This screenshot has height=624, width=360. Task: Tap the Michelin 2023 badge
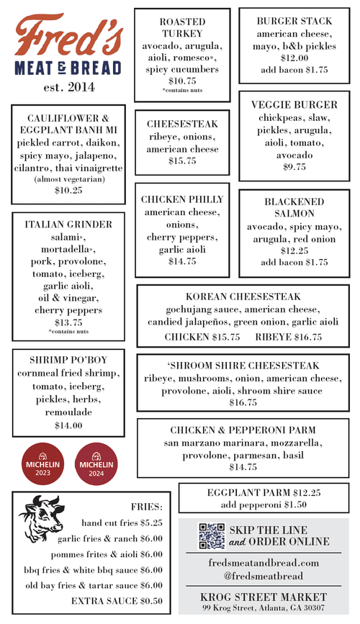point(42,461)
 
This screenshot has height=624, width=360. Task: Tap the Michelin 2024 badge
point(96,461)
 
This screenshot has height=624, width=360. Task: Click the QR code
point(211,535)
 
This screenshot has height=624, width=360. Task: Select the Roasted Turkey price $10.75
point(182,81)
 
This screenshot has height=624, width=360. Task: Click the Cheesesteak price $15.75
point(182,161)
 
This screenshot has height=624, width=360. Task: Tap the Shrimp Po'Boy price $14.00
point(68,425)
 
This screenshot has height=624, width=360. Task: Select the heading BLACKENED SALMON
point(284,208)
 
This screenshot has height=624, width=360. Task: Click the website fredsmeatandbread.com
point(263,563)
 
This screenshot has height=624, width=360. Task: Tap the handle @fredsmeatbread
point(263,576)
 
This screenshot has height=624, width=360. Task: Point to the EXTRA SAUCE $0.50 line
point(117,601)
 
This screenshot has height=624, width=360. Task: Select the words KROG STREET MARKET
point(263,597)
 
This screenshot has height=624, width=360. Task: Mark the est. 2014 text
point(60,87)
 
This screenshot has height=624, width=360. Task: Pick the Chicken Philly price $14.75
point(182,261)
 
